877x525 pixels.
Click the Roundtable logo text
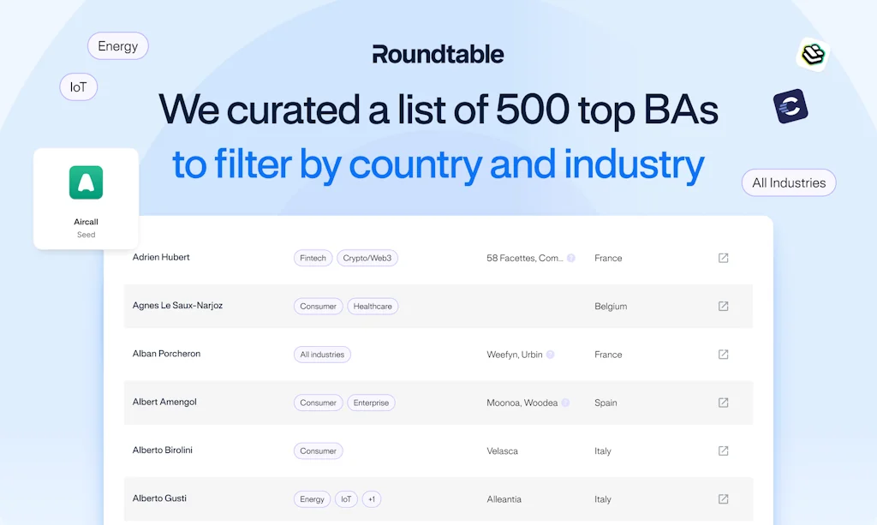[x=438, y=55]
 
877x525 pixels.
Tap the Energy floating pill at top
[x=118, y=46]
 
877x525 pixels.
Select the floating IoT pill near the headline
[x=79, y=87]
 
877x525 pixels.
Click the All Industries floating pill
[x=789, y=182]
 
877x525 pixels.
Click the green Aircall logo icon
[x=86, y=182]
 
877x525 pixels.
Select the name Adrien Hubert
[x=161, y=257]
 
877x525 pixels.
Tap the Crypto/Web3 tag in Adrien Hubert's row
[x=367, y=258]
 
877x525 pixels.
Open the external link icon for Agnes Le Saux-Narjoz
[x=723, y=306]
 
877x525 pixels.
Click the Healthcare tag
[x=373, y=306]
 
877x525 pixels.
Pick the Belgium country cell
[x=611, y=306]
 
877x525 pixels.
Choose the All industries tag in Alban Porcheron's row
[x=322, y=355]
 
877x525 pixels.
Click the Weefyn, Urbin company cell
[x=515, y=355]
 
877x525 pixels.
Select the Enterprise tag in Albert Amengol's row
[x=371, y=403]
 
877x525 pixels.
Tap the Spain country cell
[x=606, y=403]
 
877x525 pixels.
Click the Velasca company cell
[x=502, y=450]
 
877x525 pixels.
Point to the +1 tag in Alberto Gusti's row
[x=372, y=499]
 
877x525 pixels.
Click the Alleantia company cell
[x=504, y=499]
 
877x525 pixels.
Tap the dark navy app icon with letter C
[x=790, y=107]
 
